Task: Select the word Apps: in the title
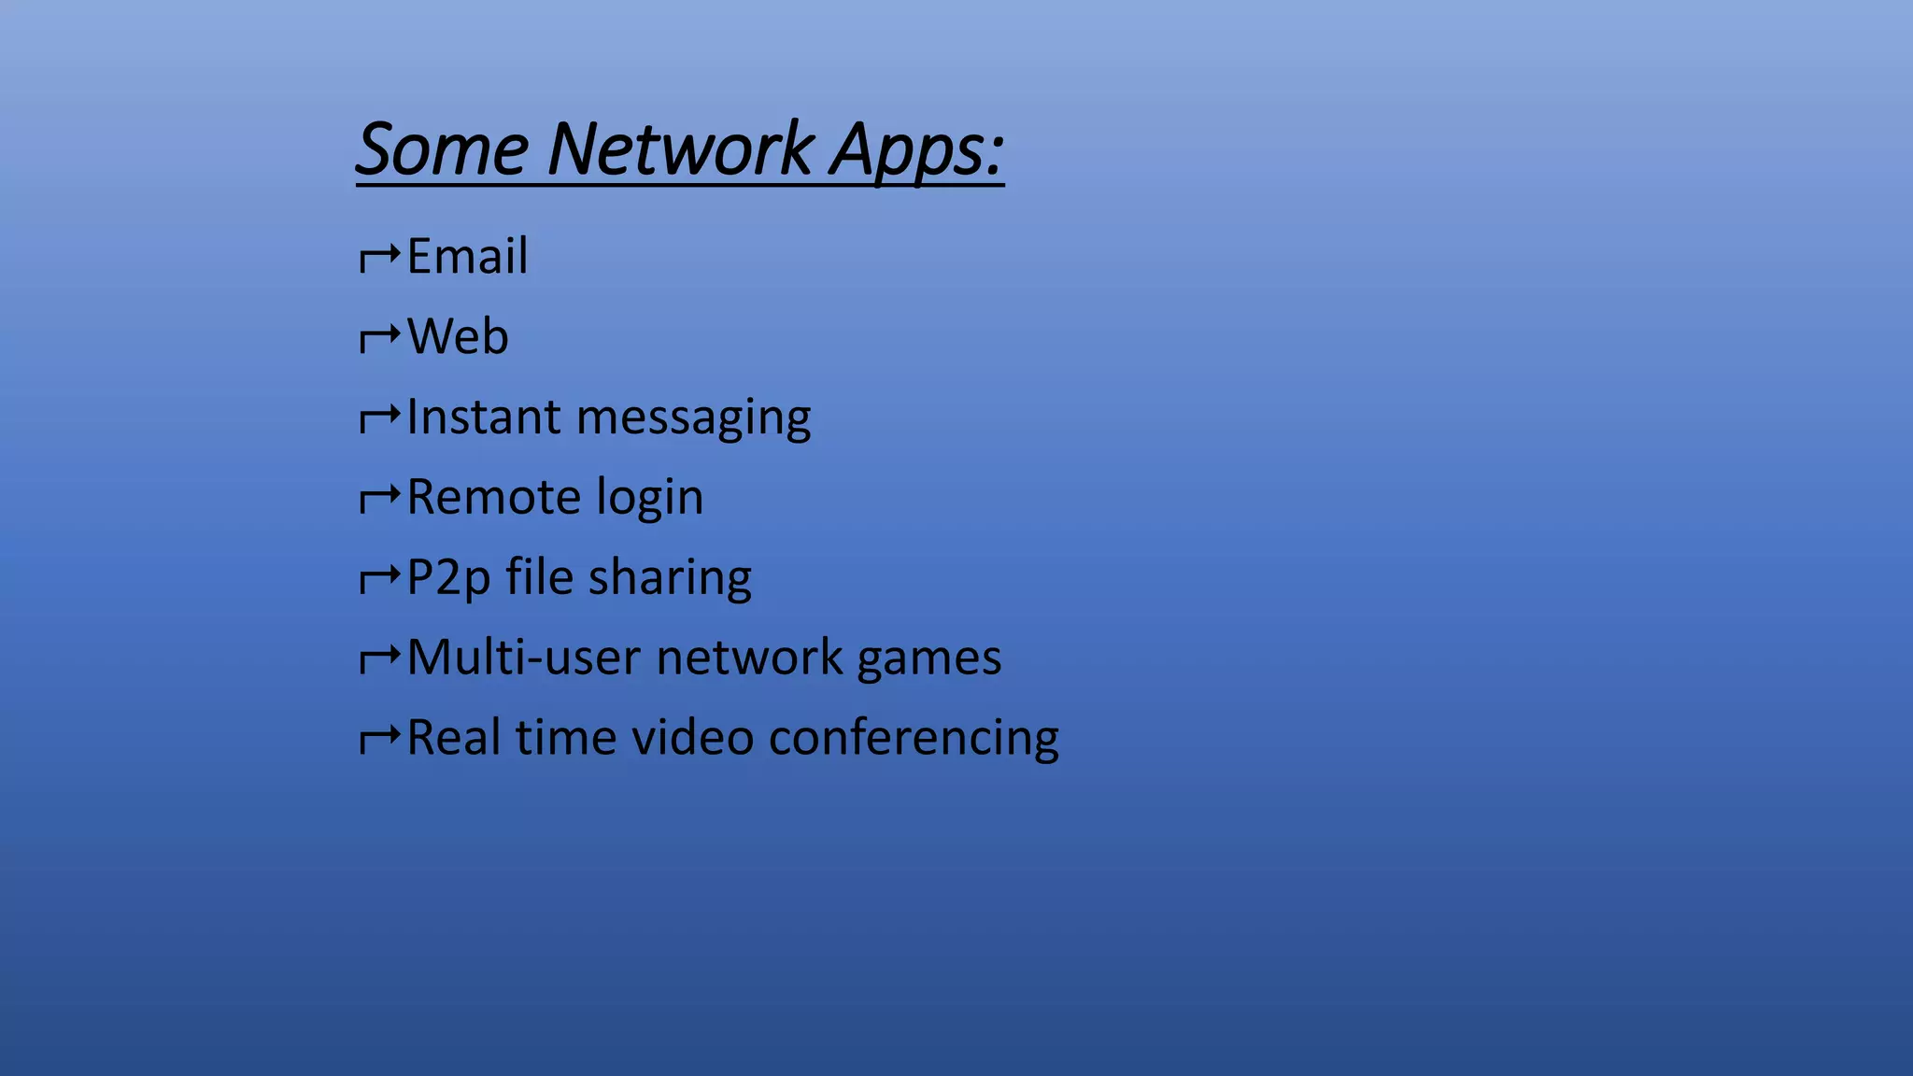pyautogui.click(x=917, y=150)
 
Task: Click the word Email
pyautogui.click(x=467, y=256)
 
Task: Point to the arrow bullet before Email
pyautogui.click(x=380, y=257)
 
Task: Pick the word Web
pyautogui.click(x=458, y=336)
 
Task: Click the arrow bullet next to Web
pyautogui.click(x=380, y=337)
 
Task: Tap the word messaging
pyautogui.click(x=694, y=418)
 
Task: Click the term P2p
pyautogui.click(x=448, y=578)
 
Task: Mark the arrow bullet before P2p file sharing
pyautogui.click(x=380, y=578)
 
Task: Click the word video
pyautogui.click(x=692, y=738)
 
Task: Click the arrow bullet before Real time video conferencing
pyautogui.click(x=380, y=739)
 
